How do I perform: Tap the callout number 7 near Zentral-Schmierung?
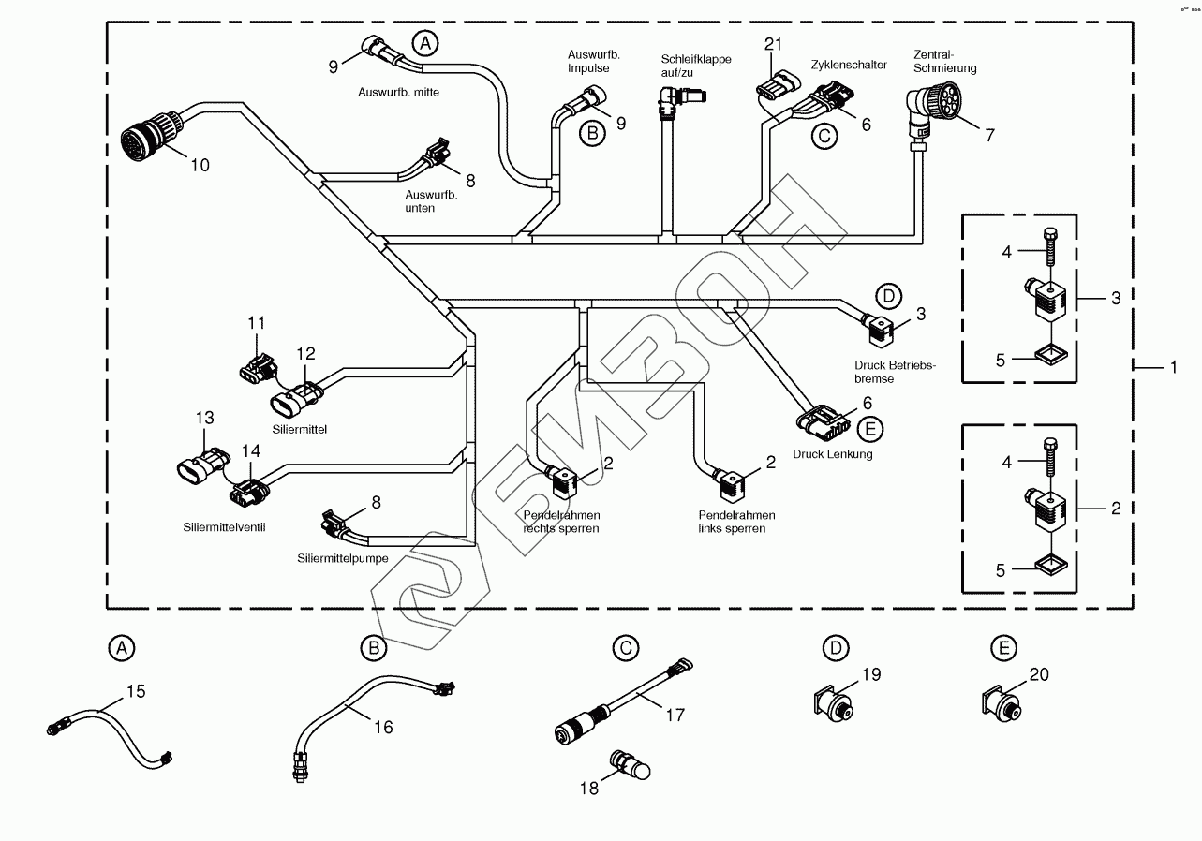coord(989,133)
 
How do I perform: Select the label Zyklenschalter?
coord(849,65)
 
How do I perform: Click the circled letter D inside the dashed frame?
coord(889,297)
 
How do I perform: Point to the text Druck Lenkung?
coord(832,454)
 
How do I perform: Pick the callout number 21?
coord(772,45)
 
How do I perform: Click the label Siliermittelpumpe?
coord(342,559)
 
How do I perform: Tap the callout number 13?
coord(205,418)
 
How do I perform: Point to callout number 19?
coord(871,673)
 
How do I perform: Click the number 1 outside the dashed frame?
coord(1172,368)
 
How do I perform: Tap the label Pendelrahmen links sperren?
coord(736,522)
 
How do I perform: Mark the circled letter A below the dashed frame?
coord(121,646)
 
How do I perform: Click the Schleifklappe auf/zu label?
coord(695,66)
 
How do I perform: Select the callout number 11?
coord(258,323)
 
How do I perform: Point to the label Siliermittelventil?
coord(225,527)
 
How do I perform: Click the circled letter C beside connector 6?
coord(824,135)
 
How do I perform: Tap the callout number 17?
coord(675,715)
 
